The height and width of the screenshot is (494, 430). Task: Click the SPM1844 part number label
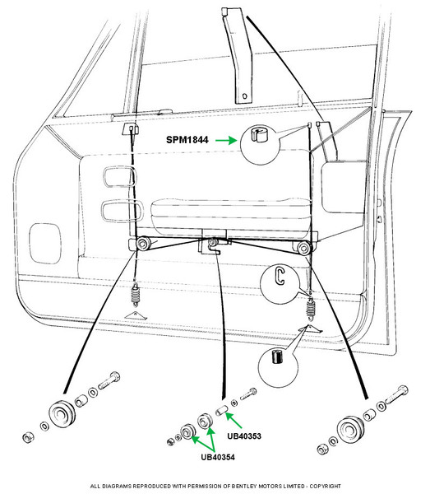187,140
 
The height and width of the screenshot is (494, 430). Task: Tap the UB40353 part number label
244,436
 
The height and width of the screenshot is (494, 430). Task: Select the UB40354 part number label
218,457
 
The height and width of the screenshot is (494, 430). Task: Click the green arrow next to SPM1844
226,140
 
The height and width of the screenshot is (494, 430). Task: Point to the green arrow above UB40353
233,420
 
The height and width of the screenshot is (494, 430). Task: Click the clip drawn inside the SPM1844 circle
260,134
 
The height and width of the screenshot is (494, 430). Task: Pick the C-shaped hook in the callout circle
280,277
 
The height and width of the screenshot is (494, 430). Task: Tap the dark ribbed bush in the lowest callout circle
277,357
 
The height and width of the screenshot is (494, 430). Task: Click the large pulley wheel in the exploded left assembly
62,414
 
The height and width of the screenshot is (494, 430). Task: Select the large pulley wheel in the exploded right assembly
350,430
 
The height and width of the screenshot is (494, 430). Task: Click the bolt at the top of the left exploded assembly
109,380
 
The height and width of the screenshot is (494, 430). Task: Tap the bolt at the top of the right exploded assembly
397,394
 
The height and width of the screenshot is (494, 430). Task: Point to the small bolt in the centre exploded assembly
249,394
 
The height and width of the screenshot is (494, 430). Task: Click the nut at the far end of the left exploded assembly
28,437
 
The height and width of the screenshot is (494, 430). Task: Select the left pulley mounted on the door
143,244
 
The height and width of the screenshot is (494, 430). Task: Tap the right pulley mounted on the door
303,248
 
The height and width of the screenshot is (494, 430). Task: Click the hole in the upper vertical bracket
245,96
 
